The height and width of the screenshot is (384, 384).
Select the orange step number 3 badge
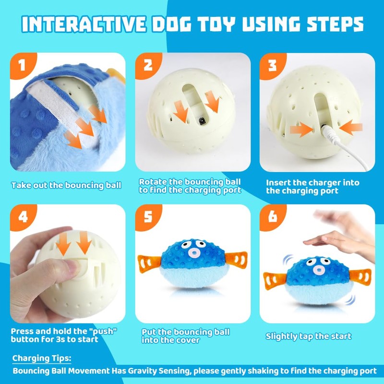(x=272, y=65)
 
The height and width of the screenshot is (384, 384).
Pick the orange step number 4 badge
(x=22, y=216)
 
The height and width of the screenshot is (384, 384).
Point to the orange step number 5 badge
(x=147, y=216)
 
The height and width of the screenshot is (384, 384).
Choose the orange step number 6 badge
(x=272, y=216)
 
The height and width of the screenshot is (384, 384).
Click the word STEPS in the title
(x=335, y=24)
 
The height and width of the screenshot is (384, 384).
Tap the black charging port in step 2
(x=202, y=121)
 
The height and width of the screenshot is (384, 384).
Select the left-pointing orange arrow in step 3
(x=351, y=128)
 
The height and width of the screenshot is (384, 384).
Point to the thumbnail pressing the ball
(x=73, y=266)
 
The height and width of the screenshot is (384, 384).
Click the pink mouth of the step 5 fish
(x=194, y=252)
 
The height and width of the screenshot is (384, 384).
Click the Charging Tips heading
(x=42, y=359)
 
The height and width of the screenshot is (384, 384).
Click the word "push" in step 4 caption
(x=103, y=331)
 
